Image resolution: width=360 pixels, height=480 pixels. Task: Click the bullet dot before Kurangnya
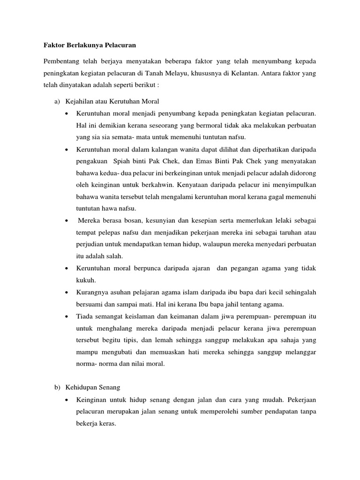[68, 292]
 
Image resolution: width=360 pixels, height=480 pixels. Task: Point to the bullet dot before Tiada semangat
[68, 316]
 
